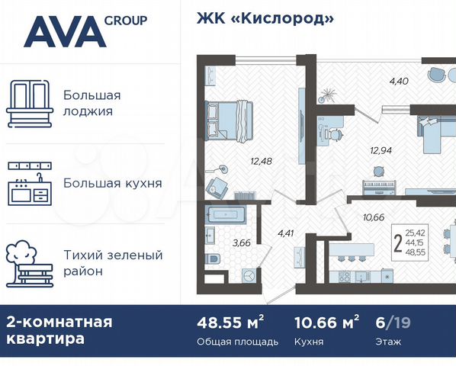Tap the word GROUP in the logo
pyautogui.click(x=127, y=21)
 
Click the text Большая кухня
pyautogui.click(x=112, y=183)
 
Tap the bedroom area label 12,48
pyautogui.click(x=262, y=161)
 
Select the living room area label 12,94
pyautogui.click(x=381, y=150)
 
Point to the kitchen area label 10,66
pyautogui.click(x=374, y=217)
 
